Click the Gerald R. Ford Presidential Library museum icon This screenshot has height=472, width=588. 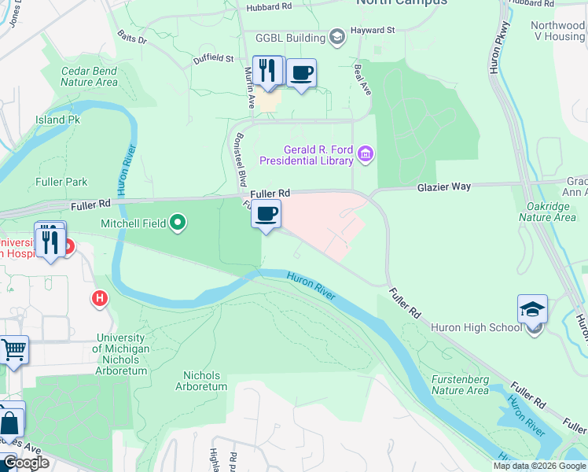tap(366, 153)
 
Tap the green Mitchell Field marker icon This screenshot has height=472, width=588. tap(178, 223)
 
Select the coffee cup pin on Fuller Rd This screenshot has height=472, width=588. tap(266, 213)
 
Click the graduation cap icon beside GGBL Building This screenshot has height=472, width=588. tap(336, 38)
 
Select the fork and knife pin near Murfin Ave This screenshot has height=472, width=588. tap(267, 72)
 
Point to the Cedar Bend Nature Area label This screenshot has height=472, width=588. tap(89, 76)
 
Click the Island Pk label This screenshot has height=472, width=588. tap(57, 120)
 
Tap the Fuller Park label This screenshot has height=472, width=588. tap(61, 182)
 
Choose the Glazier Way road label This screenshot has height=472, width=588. tap(443, 186)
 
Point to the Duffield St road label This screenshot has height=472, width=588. tap(213, 59)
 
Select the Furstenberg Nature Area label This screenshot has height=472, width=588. tap(461, 385)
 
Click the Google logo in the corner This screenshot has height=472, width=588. tap(26, 463)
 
